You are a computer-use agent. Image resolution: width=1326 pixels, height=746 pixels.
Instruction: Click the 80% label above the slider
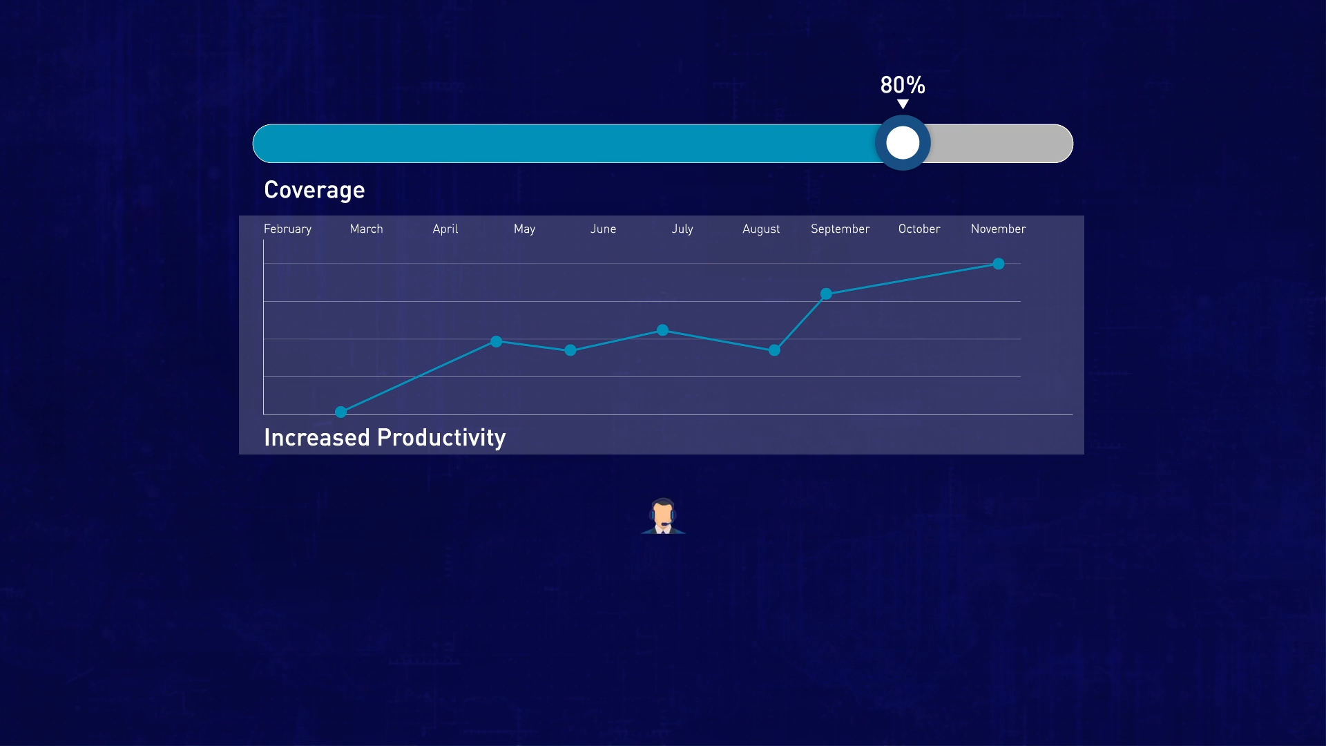point(903,85)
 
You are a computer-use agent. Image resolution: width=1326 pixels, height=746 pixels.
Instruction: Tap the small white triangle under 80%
point(903,104)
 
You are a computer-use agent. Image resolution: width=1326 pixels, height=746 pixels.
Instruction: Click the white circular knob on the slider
point(903,143)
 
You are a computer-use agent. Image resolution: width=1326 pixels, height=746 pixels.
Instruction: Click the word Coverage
point(314,190)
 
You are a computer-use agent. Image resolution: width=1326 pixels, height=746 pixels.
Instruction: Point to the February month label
point(287,229)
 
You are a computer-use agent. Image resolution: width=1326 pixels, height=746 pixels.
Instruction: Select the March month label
point(366,229)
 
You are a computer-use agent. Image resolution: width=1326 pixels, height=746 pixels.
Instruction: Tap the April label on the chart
point(445,229)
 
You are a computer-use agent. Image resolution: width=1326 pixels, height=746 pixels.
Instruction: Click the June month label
point(603,229)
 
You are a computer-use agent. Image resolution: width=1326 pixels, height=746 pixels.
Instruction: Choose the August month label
point(761,229)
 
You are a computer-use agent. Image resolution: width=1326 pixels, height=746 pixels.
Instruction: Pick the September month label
point(840,229)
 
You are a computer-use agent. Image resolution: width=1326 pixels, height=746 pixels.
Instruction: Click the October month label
point(919,229)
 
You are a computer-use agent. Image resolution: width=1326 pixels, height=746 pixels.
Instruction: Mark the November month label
point(998,229)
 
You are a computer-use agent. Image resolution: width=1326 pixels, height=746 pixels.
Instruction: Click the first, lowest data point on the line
point(340,412)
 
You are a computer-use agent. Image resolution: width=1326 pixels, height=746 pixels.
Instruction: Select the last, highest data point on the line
point(999,264)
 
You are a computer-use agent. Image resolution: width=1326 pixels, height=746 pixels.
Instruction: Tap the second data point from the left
point(496,342)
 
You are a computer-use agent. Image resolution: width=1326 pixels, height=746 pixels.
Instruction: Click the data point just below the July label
point(662,330)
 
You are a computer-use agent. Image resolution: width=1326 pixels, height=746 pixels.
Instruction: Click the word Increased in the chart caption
point(317,438)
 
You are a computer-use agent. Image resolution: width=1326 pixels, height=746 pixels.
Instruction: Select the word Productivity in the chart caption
point(441,439)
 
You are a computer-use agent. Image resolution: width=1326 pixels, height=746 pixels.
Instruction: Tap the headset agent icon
point(663,516)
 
